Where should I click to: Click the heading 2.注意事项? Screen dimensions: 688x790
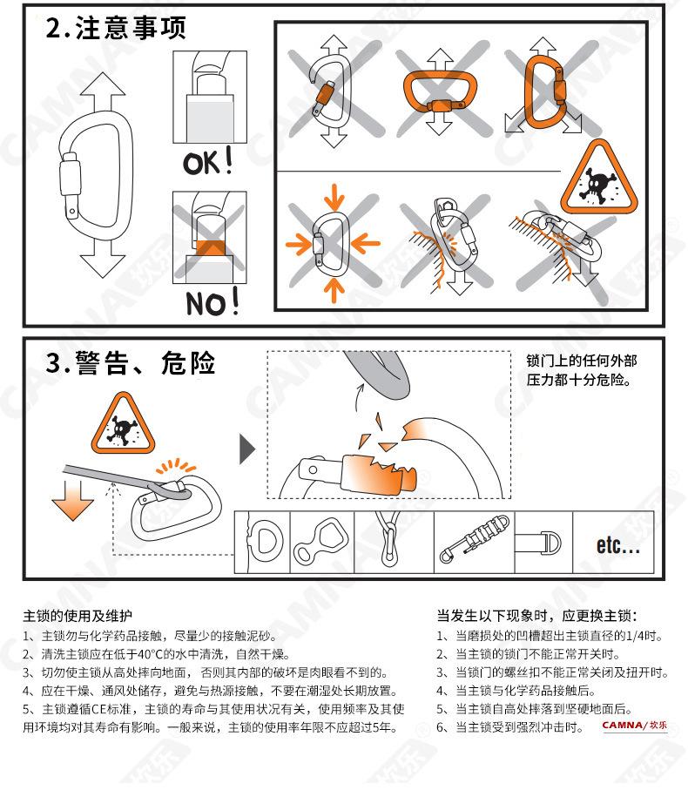115,27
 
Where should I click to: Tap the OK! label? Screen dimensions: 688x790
208,161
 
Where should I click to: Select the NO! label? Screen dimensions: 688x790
212,302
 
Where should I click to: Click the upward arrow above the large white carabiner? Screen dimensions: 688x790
103,93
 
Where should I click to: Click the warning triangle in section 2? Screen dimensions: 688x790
599,178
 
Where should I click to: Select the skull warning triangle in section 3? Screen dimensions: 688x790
123,423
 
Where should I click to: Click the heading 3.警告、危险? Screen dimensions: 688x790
131,363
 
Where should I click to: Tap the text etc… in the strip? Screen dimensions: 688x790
617,544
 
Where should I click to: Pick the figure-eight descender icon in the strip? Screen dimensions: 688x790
320,542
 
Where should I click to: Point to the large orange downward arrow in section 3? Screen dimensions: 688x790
72,500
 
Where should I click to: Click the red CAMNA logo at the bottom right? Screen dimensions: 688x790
635,726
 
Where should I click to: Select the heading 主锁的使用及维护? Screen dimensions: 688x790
78,616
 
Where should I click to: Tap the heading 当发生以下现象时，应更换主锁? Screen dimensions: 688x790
537,616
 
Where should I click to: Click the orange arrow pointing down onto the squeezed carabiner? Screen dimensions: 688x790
334,198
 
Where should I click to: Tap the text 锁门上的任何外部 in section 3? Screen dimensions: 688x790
581,361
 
